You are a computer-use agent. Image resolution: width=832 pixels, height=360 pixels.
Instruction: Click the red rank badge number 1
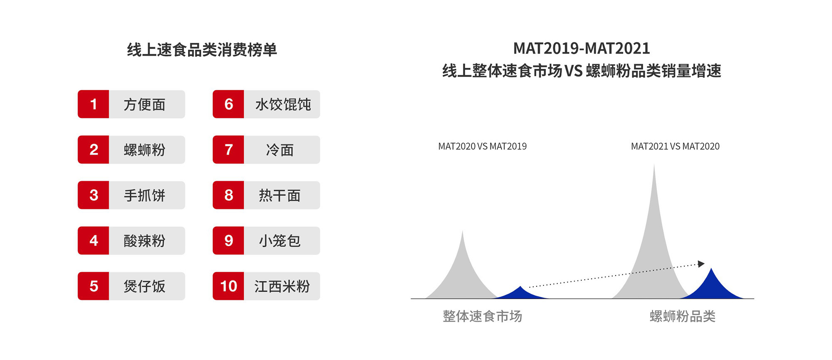(x=94, y=104)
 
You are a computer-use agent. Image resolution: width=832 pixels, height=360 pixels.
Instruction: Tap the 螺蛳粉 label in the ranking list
(x=144, y=150)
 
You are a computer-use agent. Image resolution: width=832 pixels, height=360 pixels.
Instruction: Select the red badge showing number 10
(x=228, y=286)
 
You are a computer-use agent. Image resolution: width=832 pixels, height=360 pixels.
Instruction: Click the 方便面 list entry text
(x=144, y=104)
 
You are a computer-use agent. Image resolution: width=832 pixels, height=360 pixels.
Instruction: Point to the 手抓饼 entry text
(x=144, y=195)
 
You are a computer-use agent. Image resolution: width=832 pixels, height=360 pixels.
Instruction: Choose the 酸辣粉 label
(x=144, y=241)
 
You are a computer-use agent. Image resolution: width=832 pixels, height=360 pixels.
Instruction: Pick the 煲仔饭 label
(x=144, y=286)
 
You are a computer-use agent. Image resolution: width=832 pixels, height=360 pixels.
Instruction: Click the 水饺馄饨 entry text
(x=283, y=104)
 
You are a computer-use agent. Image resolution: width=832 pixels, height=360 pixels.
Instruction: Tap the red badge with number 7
(x=228, y=150)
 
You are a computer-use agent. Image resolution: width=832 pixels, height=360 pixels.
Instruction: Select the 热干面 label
(x=280, y=195)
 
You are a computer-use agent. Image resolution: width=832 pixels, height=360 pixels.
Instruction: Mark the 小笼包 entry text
(x=280, y=241)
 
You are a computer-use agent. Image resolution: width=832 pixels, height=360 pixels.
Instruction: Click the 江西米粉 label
(x=282, y=286)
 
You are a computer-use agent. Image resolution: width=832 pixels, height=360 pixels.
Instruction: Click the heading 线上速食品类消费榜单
(x=202, y=50)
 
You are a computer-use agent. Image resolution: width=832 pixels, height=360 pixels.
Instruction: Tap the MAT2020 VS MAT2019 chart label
(x=482, y=146)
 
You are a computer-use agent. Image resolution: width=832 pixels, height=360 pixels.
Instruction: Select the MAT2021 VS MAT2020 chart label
(x=675, y=146)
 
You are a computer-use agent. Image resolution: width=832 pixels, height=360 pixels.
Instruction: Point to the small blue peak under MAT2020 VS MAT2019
(x=520, y=293)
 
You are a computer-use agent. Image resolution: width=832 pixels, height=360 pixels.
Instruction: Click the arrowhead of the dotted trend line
(x=701, y=264)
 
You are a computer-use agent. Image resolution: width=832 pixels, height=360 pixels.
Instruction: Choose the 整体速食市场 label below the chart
(x=482, y=316)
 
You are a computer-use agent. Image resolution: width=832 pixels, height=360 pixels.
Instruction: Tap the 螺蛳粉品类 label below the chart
(x=682, y=316)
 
